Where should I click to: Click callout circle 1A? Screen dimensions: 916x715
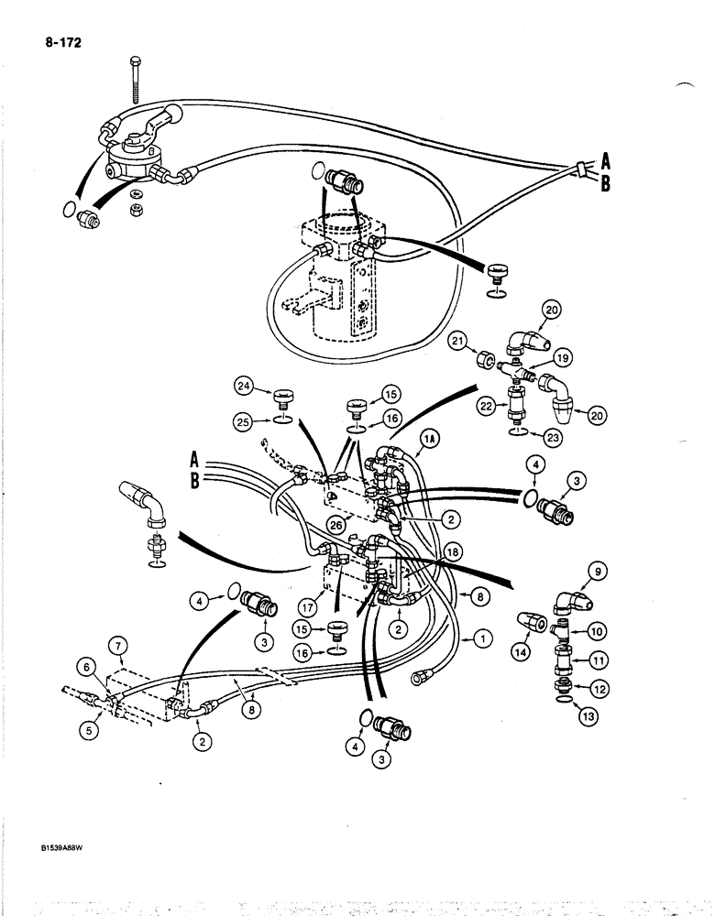tap(430, 440)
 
